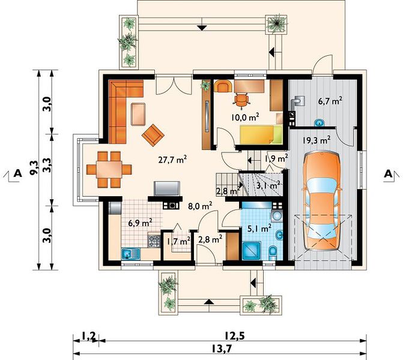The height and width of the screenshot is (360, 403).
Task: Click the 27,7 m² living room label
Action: [x=172, y=160]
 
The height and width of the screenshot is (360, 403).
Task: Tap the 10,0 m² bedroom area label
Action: [x=244, y=117]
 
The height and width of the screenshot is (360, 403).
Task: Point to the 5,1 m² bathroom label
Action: [x=259, y=228]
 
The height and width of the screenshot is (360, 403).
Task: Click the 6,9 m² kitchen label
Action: [x=141, y=223]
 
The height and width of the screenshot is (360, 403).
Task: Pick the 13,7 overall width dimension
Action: [x=222, y=349]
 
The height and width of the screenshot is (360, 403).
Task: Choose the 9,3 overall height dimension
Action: [x=34, y=167]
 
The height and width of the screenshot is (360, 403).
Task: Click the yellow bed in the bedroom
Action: [x=261, y=134]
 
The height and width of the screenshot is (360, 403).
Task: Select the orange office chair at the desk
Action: [x=241, y=100]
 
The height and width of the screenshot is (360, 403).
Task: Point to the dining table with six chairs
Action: [x=109, y=169]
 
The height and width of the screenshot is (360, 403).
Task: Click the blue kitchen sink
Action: [x=130, y=254]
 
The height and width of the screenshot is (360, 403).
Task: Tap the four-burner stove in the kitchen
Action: [x=154, y=241]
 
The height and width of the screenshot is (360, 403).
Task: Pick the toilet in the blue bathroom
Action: [x=273, y=252]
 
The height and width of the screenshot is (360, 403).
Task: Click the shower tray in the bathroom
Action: [x=252, y=251]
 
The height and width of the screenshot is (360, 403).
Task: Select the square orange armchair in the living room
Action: [x=153, y=135]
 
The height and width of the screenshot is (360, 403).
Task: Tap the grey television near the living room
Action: [x=166, y=188]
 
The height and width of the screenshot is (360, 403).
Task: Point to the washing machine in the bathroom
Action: [x=276, y=215]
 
